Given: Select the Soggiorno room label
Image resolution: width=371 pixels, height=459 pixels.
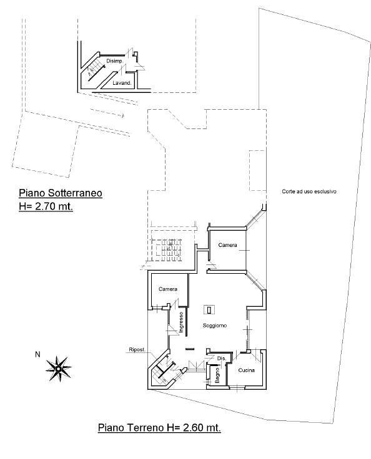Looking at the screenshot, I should tap(215, 326).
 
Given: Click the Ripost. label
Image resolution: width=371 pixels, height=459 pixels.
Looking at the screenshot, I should tap(137, 349).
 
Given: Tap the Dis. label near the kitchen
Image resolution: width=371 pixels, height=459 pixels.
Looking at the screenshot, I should tap(220, 358).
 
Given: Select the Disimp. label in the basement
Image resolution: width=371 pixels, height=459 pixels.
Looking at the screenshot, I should tap(114, 60).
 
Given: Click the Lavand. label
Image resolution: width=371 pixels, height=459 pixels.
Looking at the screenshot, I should tap(121, 82).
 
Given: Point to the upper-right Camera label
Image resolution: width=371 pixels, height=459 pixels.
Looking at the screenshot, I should tap(227, 245).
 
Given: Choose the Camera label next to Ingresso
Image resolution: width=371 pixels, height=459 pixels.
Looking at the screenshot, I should tap(168, 289).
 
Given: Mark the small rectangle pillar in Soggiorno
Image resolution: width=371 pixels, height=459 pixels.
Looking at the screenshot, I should tap(209, 309).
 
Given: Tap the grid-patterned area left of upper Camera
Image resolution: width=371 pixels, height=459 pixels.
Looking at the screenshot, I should tap(167, 251).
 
